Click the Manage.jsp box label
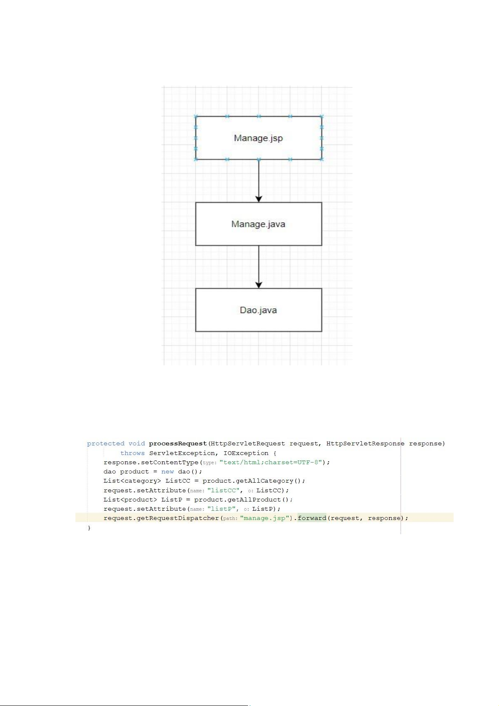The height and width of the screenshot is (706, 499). pyautogui.click(x=258, y=138)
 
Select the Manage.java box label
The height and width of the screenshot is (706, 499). pyautogui.click(x=258, y=224)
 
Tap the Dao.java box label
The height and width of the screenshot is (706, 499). pyautogui.click(x=258, y=310)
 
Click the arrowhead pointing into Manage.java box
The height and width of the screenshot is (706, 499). pyautogui.click(x=259, y=199)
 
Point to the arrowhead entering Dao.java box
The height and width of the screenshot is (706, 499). pyautogui.click(x=259, y=285)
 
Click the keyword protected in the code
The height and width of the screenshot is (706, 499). pyautogui.click(x=106, y=443)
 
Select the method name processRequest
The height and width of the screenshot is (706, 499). pyautogui.click(x=178, y=443)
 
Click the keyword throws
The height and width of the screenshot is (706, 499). pyautogui.click(x=132, y=453)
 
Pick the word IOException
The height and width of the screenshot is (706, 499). pyautogui.click(x=246, y=453)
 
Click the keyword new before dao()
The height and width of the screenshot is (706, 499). pyautogui.click(x=167, y=471)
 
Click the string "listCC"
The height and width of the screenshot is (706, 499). pyautogui.click(x=223, y=490)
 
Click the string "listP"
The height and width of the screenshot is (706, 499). pyautogui.click(x=222, y=509)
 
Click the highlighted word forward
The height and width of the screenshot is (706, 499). pyautogui.click(x=312, y=518)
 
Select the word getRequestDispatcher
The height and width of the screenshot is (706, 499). pyautogui.click(x=178, y=518)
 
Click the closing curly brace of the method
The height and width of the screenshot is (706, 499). pyautogui.click(x=89, y=528)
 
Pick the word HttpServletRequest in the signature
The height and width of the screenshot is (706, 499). pyautogui.click(x=248, y=443)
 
